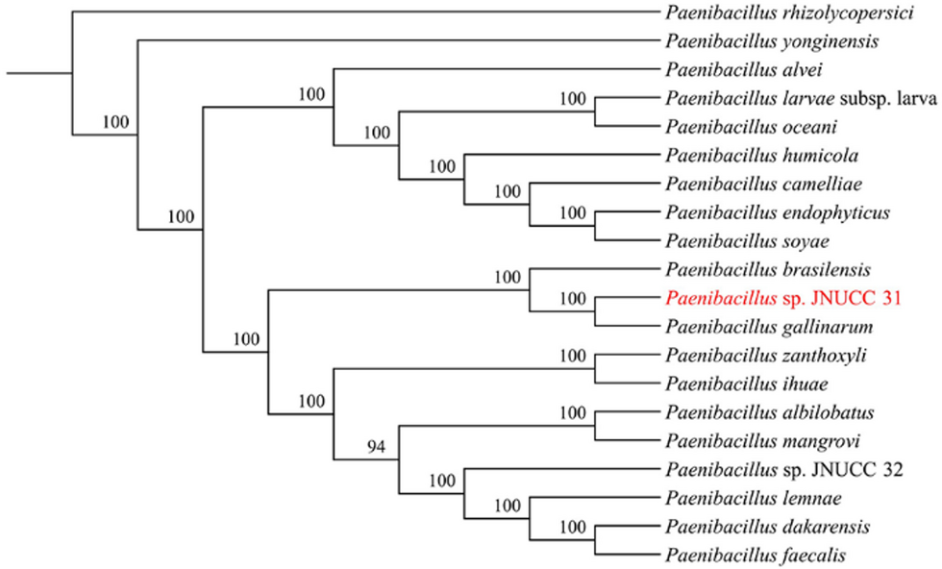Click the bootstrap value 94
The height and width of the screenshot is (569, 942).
pyautogui.click(x=376, y=446)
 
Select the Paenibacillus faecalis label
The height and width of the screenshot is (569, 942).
pyautogui.click(x=755, y=555)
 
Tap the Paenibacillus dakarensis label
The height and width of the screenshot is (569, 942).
pyautogui.click(x=767, y=527)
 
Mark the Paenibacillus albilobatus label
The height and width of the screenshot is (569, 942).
pyautogui.click(x=769, y=412)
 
